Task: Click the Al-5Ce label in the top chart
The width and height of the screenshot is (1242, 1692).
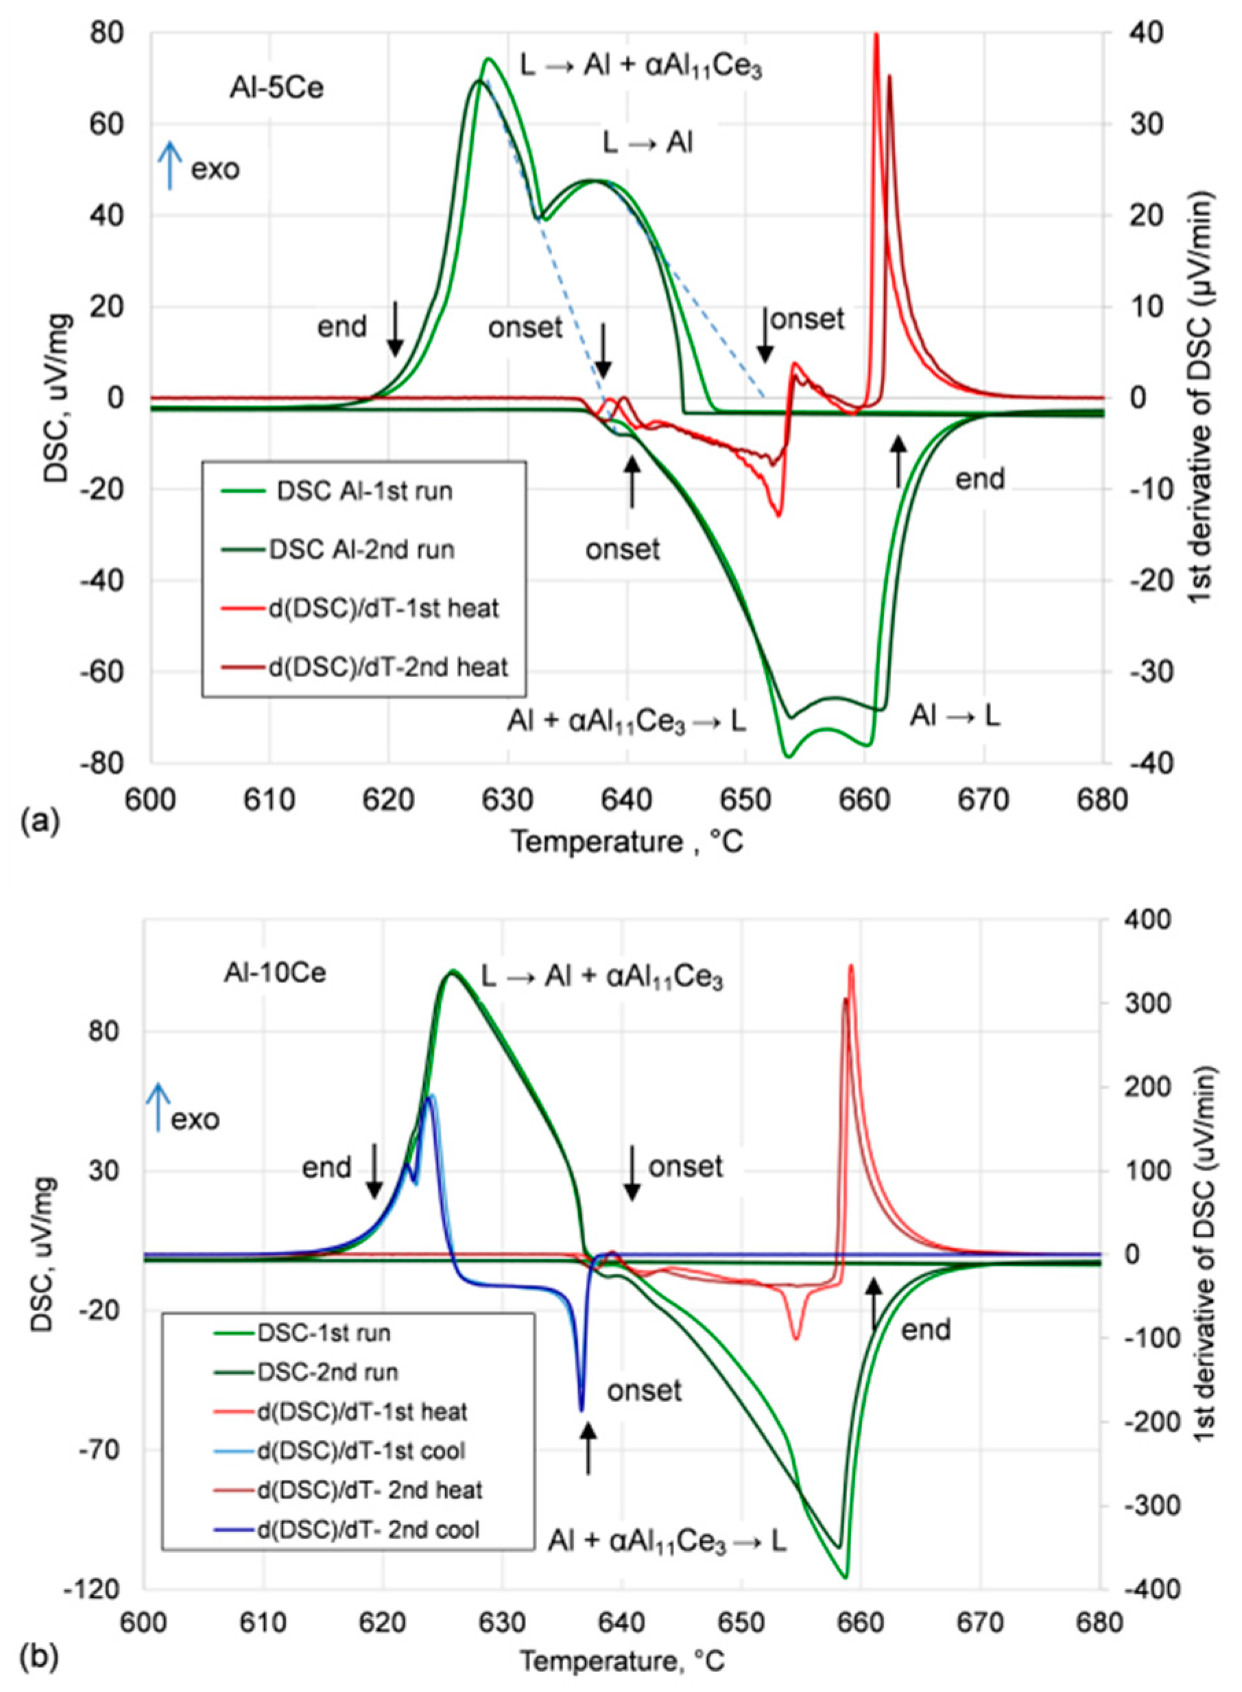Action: (276, 89)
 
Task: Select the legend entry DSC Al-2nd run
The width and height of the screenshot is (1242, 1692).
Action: (361, 550)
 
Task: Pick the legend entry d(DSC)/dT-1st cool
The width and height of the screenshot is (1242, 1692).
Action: (361, 1450)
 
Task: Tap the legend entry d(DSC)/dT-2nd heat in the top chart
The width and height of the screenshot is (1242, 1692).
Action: (388, 666)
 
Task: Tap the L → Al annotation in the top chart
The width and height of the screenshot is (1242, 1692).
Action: (648, 143)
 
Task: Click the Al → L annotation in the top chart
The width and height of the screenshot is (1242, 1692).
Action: (955, 716)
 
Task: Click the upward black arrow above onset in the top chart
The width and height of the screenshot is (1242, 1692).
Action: (632, 482)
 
